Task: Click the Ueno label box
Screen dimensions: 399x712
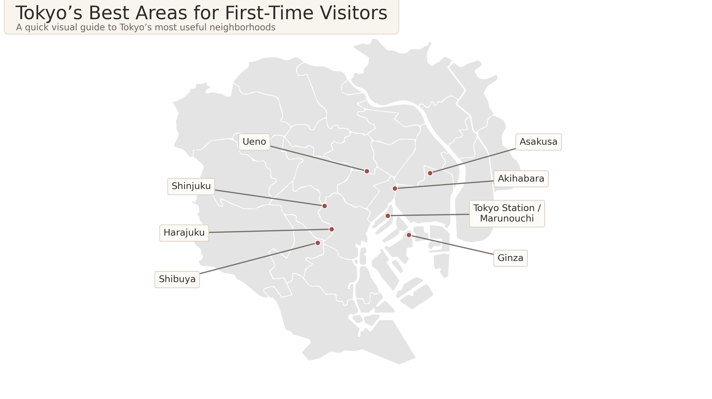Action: coord(254,142)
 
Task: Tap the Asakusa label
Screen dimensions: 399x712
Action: coord(538,142)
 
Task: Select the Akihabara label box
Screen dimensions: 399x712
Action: coord(521,179)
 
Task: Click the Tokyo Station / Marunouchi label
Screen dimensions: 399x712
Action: coord(507,213)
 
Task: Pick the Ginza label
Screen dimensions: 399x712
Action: coord(510,258)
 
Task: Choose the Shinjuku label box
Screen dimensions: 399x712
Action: coord(191,186)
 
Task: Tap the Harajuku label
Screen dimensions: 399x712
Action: coord(184,233)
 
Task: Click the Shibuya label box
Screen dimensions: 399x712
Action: coord(177,279)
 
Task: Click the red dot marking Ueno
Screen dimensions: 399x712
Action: coord(367,171)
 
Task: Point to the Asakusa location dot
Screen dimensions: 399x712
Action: coord(430,173)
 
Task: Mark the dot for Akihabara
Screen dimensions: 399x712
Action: coord(395,188)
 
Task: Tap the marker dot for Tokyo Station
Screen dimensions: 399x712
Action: coord(388,216)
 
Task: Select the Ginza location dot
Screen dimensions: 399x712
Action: coord(409,235)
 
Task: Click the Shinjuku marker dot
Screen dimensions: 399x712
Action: coord(325,206)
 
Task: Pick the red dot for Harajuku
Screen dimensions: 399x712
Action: coord(332,229)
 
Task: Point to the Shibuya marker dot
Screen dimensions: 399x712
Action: coord(318,243)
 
